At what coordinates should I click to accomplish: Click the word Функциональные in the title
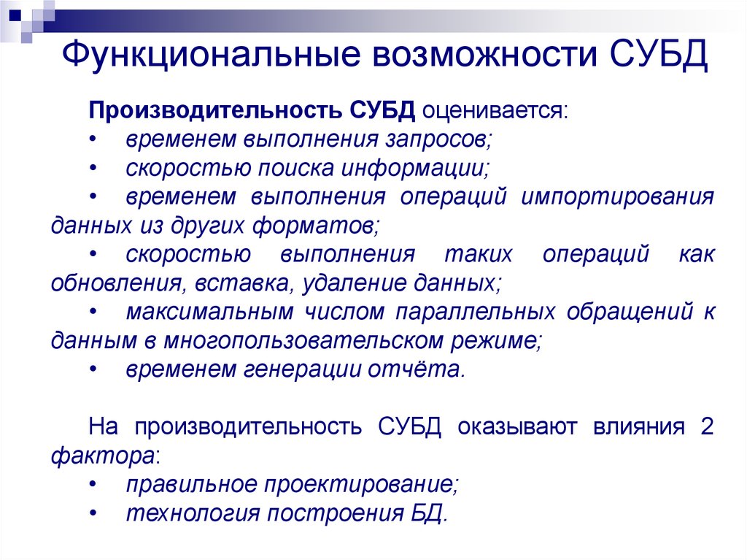coord(211,54)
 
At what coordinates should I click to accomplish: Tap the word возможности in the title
coord(485,54)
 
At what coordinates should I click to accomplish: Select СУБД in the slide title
coord(659,54)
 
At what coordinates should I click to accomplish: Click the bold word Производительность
coord(215,111)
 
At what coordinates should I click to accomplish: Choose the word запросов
coord(438,139)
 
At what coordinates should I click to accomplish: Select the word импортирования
coord(617,197)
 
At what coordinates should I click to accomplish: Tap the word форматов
coord(316,226)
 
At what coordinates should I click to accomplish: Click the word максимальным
coord(209,312)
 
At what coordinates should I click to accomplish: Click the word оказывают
coord(517,426)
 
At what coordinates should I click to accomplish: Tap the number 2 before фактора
coord(707,426)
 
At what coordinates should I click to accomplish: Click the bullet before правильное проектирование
coord(93,485)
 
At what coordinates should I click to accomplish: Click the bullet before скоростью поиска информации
coord(93,169)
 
